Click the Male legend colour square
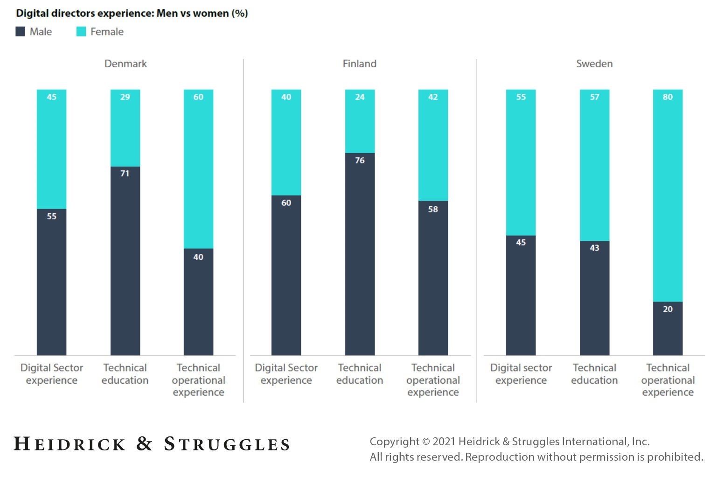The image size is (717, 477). tap(20, 32)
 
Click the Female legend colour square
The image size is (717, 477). tap(81, 32)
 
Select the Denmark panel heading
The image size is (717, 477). tap(125, 64)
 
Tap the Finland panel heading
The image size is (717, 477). tap(359, 64)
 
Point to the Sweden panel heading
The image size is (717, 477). tap(594, 64)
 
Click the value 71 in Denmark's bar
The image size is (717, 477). tap(125, 174)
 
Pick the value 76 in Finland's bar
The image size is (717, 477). tap(360, 161)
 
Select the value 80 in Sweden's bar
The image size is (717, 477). tap(668, 97)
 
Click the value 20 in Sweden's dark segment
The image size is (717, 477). tap(668, 309)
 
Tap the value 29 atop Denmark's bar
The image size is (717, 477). tap(125, 97)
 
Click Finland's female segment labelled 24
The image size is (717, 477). tap(360, 121)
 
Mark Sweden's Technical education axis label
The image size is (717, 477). tap(594, 374)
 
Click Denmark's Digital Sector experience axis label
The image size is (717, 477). tap(52, 374)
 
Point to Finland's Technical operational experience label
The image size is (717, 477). tap(433, 380)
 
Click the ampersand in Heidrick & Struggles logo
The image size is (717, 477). tap(145, 444)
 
